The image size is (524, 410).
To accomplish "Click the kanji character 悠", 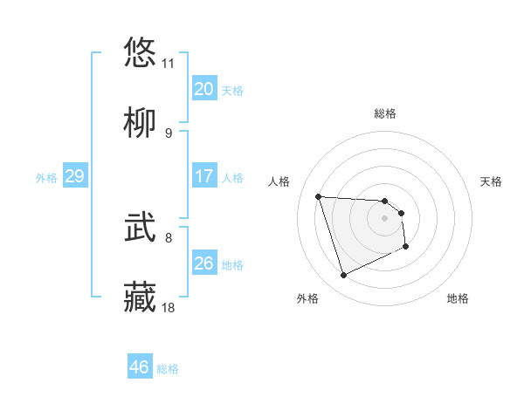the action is pos(140,52).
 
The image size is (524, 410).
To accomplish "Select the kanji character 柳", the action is pos(140,124).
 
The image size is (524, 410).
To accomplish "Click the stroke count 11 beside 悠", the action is pos(169,64).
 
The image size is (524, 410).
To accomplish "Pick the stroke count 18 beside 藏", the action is pos(169,307).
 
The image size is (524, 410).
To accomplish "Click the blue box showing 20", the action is pos(203,89).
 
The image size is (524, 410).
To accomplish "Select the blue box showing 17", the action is pos(203,176).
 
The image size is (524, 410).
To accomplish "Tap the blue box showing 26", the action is pos(203,263).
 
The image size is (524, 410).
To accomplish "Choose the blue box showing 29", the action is pos(74,176).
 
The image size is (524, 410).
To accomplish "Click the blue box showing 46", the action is pos(139,367).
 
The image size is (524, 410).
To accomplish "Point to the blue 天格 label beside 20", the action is pos(232,91).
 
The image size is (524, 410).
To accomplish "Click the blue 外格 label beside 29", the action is pos(46,178).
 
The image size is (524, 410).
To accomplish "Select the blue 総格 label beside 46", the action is pos(168,369).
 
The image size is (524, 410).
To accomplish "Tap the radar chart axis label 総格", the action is pos(385,113).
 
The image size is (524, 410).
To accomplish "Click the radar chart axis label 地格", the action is pos(458,298).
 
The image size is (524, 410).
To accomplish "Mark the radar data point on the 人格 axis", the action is pos(319,196).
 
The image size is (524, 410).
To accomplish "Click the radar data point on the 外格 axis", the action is pos(343,276).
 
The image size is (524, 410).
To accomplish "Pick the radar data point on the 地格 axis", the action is pos(407,247).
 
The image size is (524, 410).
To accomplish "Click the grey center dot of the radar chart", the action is pos(384,218).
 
